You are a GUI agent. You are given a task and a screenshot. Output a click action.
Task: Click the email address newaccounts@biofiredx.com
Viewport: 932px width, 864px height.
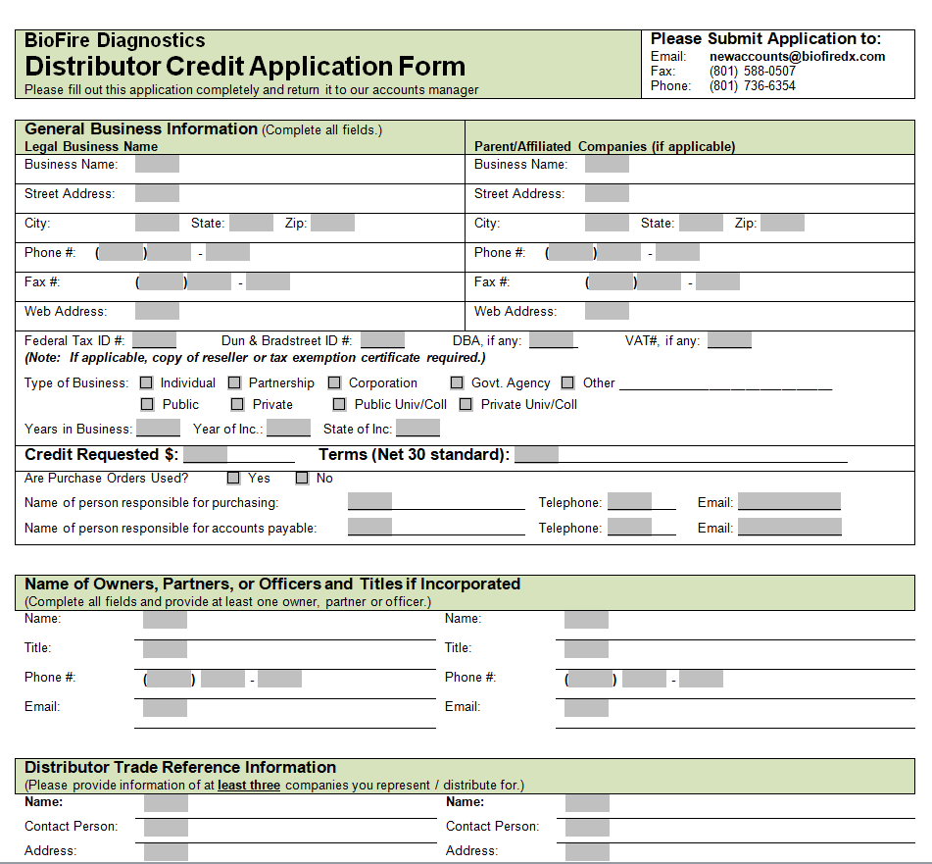tap(797, 57)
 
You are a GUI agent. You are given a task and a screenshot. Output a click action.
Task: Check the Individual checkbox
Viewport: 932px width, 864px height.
tap(147, 383)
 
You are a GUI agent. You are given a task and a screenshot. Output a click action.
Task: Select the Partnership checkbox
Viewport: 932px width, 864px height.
tap(235, 383)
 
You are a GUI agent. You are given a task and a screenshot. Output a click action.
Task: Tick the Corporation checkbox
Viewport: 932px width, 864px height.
tap(335, 383)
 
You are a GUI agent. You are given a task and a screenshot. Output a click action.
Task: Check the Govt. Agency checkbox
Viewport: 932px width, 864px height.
tap(458, 383)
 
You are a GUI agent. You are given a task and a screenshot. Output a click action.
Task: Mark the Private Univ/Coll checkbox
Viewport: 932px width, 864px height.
tap(466, 404)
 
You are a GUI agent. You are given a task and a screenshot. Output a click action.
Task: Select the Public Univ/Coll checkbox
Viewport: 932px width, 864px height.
tap(339, 404)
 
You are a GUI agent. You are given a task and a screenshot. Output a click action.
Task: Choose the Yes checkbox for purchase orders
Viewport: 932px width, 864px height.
tap(233, 479)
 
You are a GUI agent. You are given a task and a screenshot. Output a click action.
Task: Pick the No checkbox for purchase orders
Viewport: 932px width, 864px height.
tap(303, 479)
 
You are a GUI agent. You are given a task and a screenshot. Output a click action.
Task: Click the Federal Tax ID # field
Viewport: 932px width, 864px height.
tap(154, 341)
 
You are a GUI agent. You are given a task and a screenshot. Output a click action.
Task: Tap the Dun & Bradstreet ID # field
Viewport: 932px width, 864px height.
tap(382, 341)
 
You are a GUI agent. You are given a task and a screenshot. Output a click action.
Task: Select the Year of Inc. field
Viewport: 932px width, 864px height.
tap(288, 429)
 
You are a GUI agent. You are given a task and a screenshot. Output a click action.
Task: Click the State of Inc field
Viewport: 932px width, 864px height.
tap(417, 429)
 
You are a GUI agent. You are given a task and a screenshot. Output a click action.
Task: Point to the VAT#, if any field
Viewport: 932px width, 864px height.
tap(729, 341)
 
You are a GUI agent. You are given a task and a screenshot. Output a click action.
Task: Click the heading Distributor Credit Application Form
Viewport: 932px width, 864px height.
tap(245, 67)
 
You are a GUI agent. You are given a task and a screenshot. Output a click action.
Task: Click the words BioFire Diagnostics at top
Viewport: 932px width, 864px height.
tap(115, 40)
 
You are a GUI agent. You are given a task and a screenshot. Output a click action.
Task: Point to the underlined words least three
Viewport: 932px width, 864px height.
tap(249, 786)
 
